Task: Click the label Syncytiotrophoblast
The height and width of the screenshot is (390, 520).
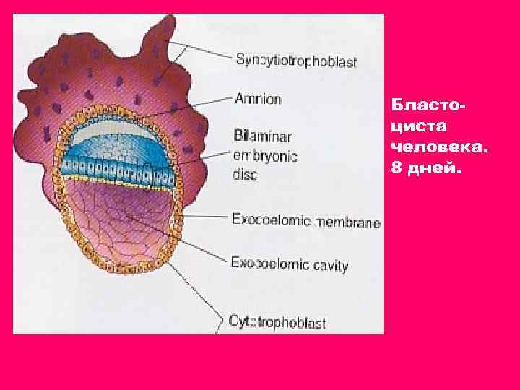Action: click(296, 61)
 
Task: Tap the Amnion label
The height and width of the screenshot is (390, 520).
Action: click(258, 99)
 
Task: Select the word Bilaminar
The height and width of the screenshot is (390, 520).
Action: click(256, 135)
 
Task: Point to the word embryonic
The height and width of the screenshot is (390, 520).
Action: click(265, 155)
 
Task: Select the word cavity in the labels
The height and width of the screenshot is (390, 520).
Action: click(330, 265)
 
